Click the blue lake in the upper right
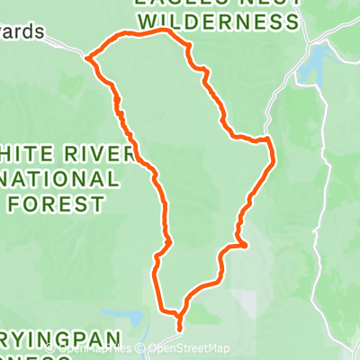319,62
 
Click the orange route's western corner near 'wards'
87,58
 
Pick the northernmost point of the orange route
164,30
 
